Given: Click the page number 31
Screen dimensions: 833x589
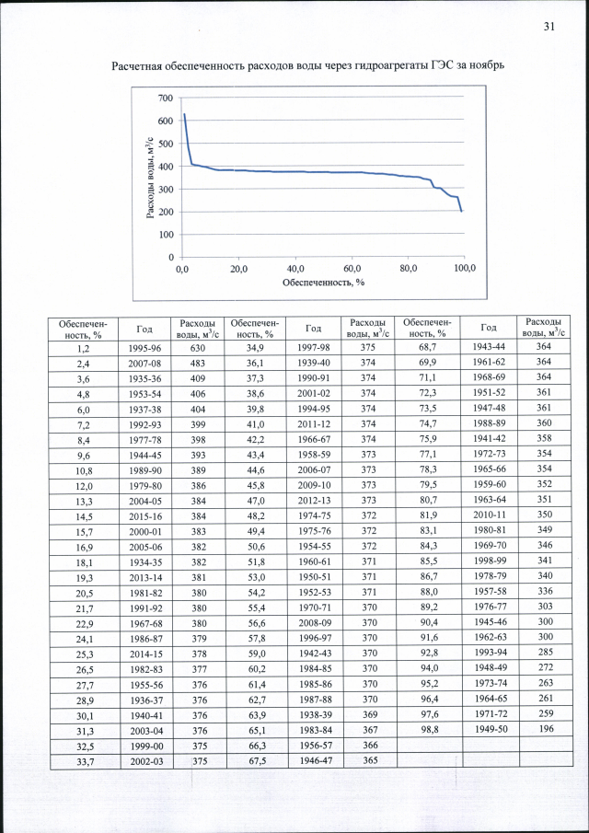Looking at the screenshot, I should coord(549,27).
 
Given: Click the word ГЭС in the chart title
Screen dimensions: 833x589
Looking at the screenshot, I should coord(439,66).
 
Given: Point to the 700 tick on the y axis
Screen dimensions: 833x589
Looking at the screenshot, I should coord(165,98).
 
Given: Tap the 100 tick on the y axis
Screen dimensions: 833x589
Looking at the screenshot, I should coord(165,235).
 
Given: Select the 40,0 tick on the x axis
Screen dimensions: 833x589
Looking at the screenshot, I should coord(295,268).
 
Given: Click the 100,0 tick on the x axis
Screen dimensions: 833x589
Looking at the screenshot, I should coord(465,268).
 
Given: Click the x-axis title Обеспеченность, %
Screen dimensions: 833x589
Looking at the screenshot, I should coord(323,282).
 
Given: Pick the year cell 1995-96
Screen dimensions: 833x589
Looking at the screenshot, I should coord(144,349).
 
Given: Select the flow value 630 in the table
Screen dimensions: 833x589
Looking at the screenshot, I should coord(197,349).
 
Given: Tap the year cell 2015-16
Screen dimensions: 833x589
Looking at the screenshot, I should coord(144,516).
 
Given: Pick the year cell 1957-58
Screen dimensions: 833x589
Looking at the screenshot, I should coord(489,591).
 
